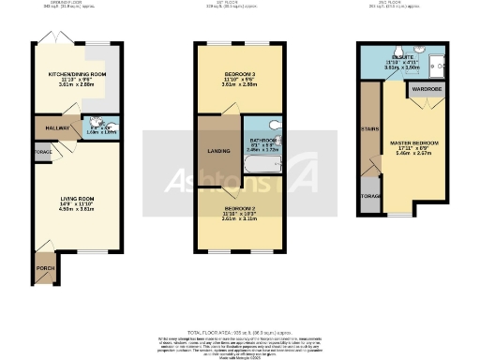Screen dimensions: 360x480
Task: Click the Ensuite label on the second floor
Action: point(401,58)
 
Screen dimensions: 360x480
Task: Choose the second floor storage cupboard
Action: point(370,196)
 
